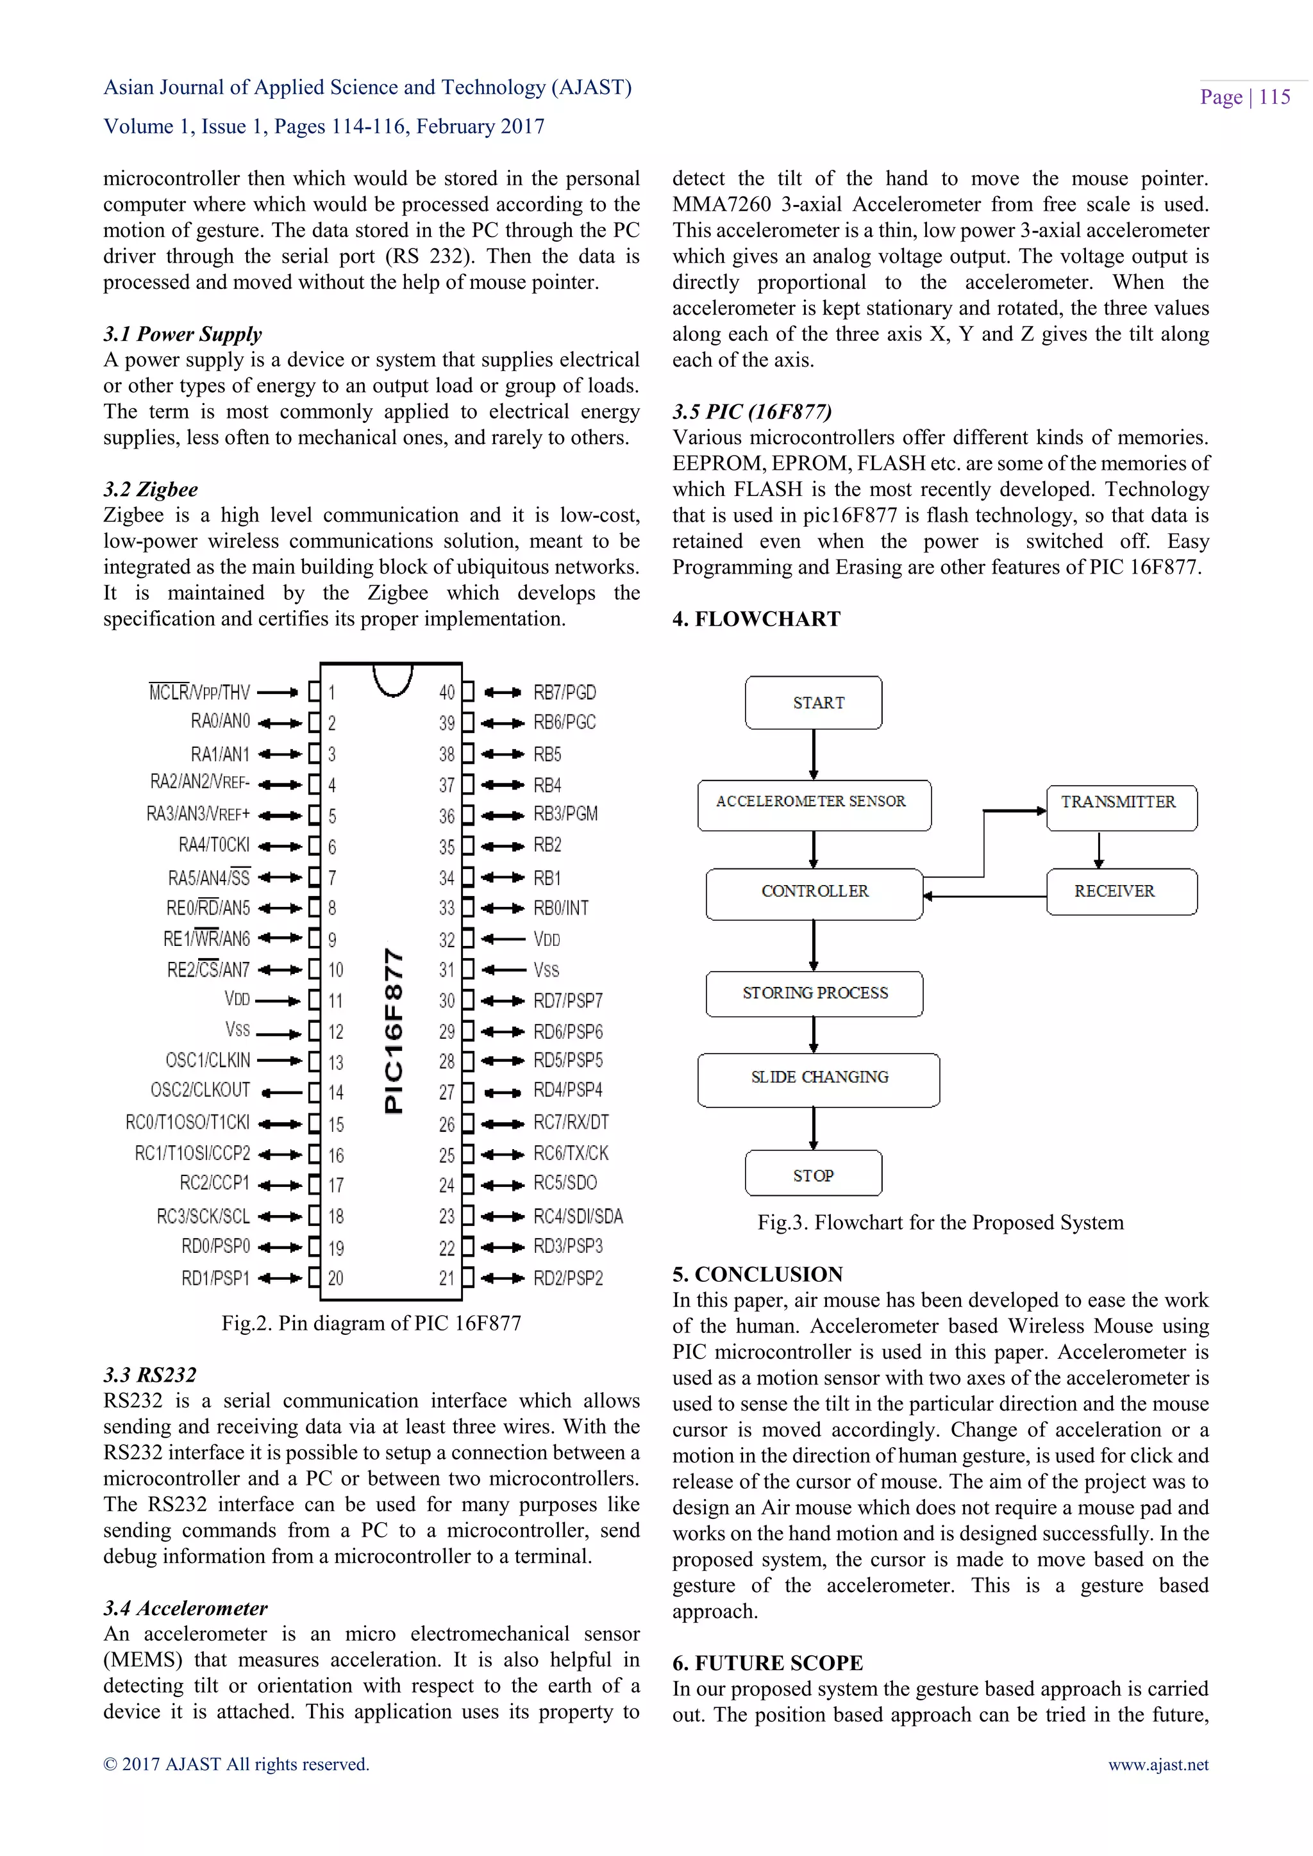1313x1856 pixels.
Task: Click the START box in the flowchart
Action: point(814,702)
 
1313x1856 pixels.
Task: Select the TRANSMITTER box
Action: point(1121,807)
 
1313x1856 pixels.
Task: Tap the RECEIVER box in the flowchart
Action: point(1121,891)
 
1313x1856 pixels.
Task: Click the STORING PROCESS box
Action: point(814,993)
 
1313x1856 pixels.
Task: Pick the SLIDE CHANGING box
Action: point(818,1079)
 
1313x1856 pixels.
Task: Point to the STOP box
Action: point(814,1173)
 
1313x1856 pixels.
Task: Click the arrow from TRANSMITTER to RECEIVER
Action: point(1099,850)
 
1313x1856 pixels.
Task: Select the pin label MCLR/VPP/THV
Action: point(199,692)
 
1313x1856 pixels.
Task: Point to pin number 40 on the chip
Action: point(447,693)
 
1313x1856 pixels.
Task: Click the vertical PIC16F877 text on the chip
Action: point(394,1031)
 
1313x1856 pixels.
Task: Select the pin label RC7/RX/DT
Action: point(571,1122)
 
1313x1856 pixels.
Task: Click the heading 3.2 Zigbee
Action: point(151,489)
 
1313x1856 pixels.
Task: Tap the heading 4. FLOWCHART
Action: point(756,619)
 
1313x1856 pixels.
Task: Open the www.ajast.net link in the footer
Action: point(1158,1764)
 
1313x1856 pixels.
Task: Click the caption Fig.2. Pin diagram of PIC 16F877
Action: point(371,1323)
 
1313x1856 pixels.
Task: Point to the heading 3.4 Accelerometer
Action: point(185,1608)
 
